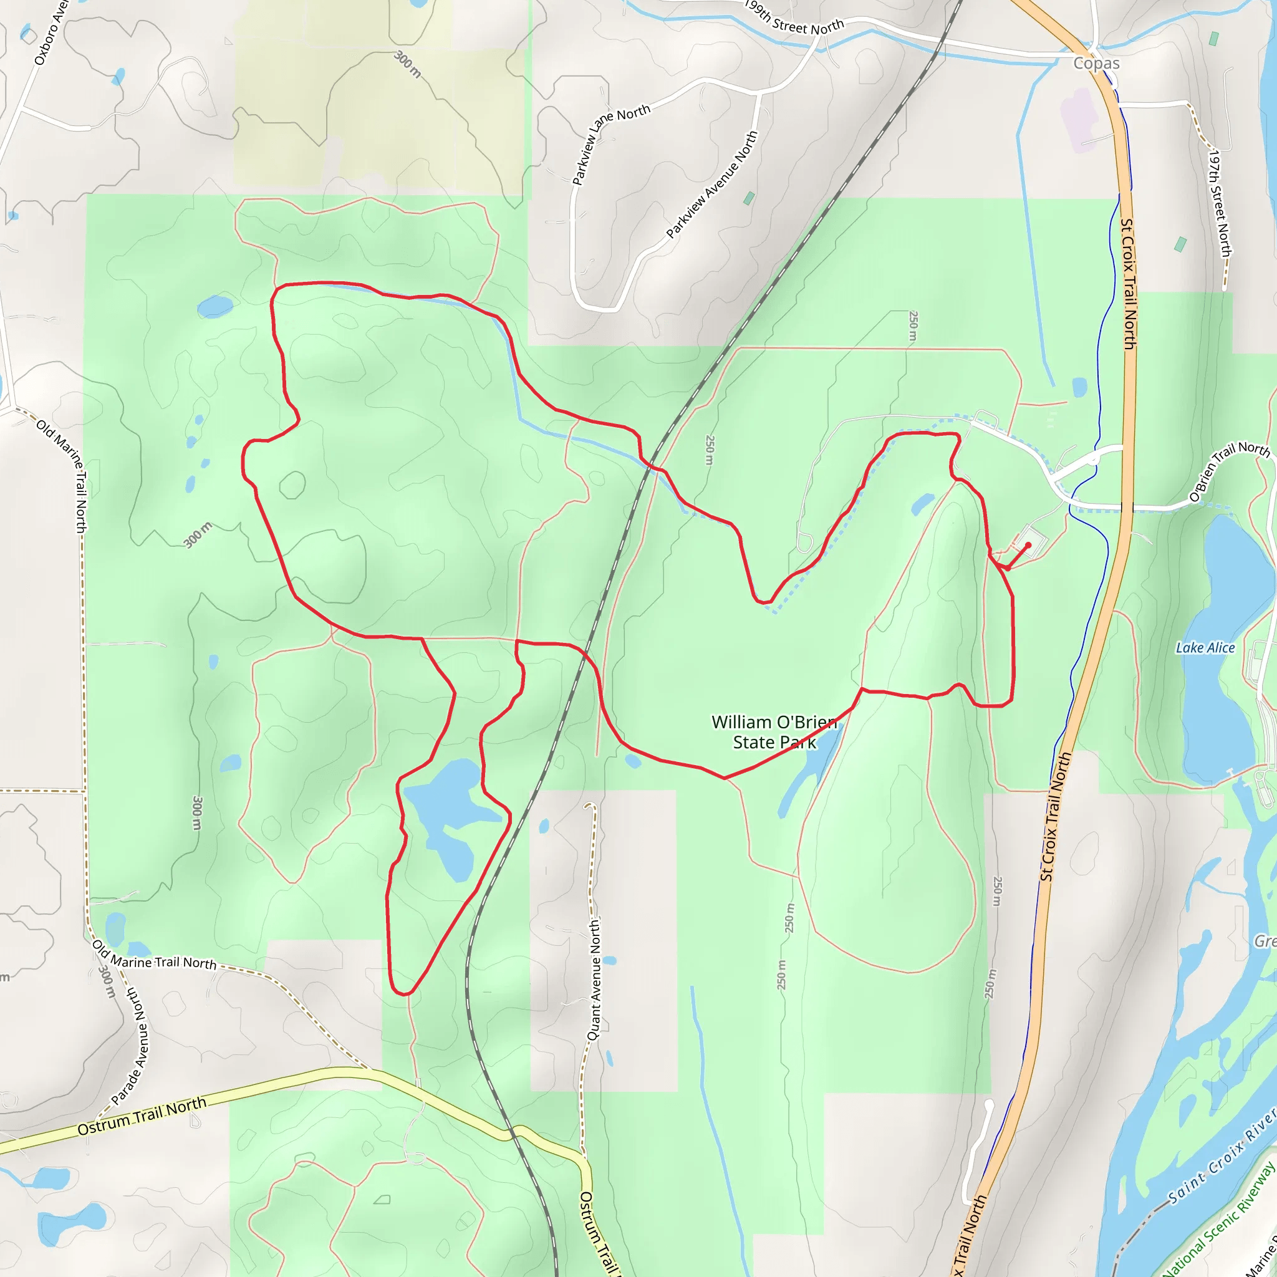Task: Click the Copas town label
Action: pos(1096,64)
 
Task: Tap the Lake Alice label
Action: pos(1205,648)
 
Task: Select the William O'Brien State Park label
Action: pos(774,731)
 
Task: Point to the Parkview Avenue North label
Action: pos(712,185)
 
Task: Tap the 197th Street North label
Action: pos(1220,203)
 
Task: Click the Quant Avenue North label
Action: pos(594,980)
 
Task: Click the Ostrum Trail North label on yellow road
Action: pos(142,1116)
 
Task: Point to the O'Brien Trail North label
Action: pos(1229,471)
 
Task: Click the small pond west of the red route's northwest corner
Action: pos(215,307)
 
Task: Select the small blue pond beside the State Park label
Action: pos(632,761)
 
